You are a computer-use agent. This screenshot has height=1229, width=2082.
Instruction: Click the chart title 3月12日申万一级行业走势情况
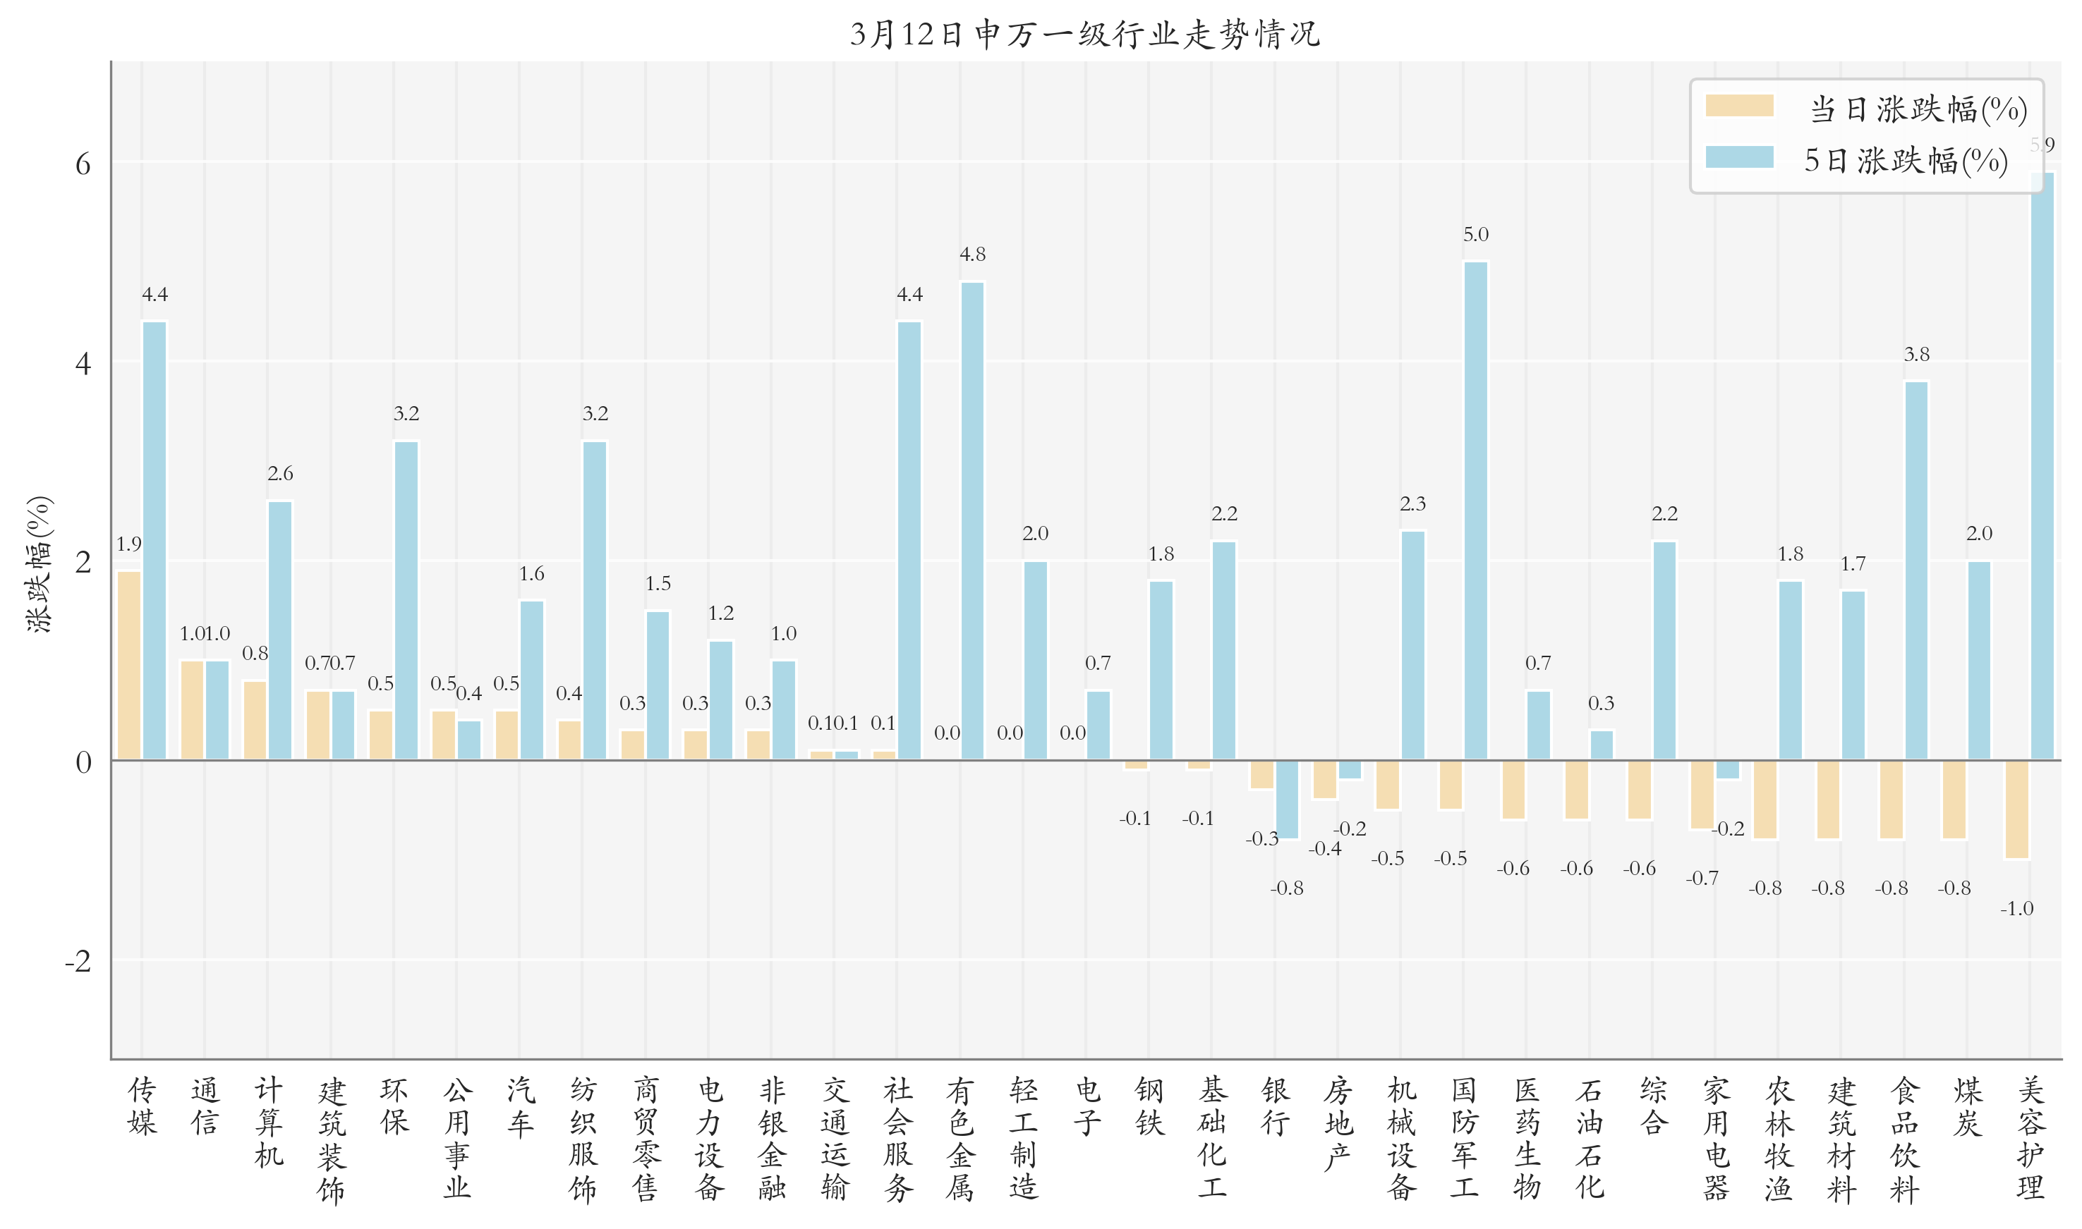coord(1084,34)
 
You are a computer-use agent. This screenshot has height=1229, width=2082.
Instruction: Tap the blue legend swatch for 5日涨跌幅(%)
coord(1738,157)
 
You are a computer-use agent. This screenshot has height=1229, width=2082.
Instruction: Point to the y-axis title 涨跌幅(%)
coord(39,564)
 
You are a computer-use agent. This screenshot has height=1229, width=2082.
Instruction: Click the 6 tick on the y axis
coord(83,164)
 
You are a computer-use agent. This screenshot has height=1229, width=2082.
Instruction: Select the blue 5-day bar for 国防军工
coord(1475,511)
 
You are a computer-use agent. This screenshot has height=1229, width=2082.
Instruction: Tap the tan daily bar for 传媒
coord(129,665)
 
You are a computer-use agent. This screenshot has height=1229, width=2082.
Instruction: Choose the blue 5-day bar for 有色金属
coord(973,521)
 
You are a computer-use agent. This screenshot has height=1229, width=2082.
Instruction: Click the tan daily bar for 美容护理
coord(2016,809)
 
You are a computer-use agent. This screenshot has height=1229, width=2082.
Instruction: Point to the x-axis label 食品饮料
coord(1904,1139)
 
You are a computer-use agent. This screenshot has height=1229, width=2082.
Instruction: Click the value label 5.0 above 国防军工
coord(1475,234)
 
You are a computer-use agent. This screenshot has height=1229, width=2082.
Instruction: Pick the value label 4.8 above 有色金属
coord(973,255)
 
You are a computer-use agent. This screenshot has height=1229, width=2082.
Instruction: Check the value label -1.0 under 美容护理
coord(2016,908)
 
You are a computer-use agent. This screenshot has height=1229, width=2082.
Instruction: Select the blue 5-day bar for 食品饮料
coord(1916,570)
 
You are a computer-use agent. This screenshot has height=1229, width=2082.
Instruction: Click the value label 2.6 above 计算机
coord(280,473)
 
